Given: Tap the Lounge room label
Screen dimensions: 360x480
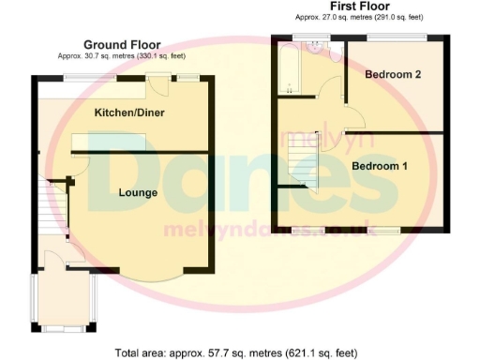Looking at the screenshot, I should [x=137, y=193].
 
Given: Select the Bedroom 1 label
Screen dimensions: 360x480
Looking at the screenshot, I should [x=380, y=166].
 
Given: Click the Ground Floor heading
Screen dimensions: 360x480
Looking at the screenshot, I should [x=122, y=44].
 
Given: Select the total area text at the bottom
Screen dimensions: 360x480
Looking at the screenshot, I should [x=235, y=353].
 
